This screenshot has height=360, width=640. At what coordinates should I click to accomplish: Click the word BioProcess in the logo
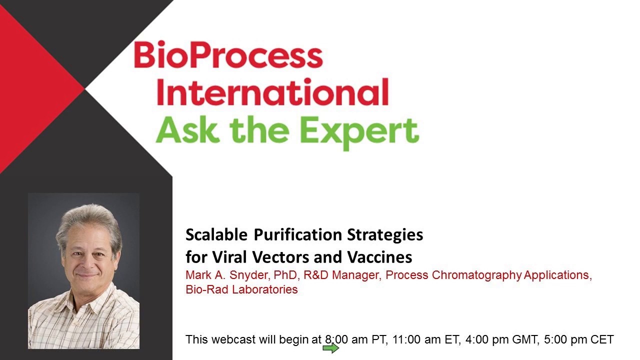pyautogui.click(x=228, y=56)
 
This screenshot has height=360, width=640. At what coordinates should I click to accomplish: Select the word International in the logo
pyautogui.click(x=272, y=92)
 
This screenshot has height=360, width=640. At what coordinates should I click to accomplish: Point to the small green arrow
pyautogui.click(x=331, y=348)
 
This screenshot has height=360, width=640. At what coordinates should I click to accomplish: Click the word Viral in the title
pyautogui.click(x=230, y=257)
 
